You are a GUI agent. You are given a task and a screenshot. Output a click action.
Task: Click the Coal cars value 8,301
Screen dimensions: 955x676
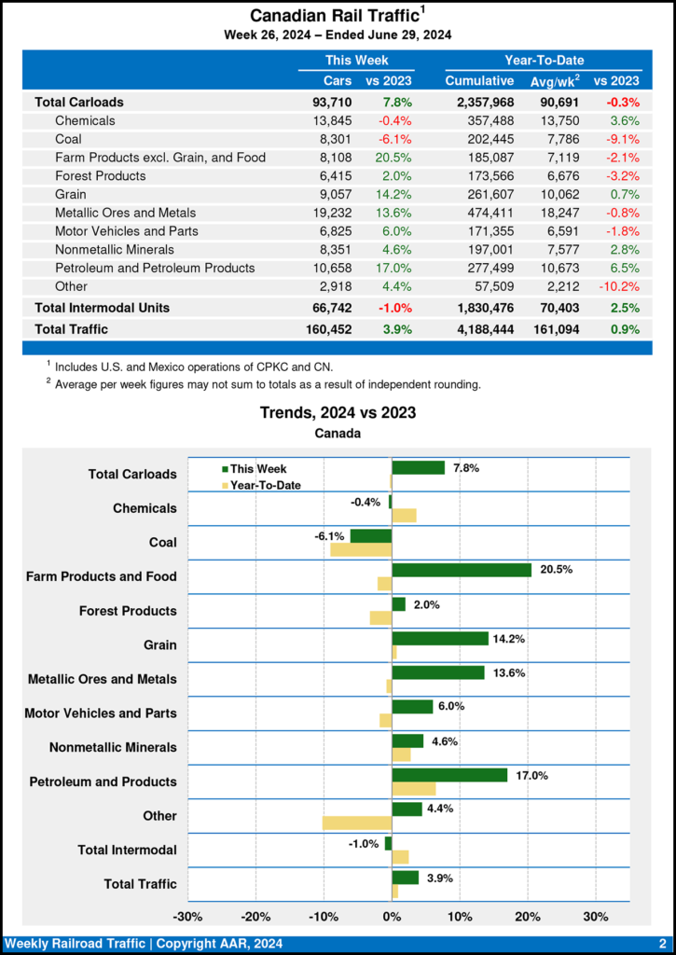tap(332, 139)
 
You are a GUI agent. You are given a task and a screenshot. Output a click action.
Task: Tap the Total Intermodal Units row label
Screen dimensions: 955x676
tap(102, 307)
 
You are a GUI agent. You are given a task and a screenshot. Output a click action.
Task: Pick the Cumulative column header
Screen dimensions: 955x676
tap(480, 80)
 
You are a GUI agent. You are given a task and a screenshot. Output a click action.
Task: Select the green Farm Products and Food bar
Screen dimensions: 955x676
tap(462, 570)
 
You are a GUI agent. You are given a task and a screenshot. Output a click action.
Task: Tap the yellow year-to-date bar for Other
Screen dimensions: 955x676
tap(357, 823)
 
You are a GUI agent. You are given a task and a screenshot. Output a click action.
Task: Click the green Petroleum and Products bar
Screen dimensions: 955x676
tap(449, 775)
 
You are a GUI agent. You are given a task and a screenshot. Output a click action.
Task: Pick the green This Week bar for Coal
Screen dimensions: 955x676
tap(370, 535)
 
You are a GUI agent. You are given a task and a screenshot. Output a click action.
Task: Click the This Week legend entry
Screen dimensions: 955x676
tap(253, 469)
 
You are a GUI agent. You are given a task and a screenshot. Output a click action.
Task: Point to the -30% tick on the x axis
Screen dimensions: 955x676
tap(188, 916)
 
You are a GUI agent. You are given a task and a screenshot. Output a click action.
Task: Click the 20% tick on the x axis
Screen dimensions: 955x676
tap(528, 916)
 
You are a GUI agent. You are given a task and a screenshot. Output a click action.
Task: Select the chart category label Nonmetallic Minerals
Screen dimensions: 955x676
tap(113, 747)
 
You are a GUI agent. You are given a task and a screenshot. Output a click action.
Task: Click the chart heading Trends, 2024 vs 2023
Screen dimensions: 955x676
tap(338, 412)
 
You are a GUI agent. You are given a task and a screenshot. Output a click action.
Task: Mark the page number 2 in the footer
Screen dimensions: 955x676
tap(662, 943)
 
